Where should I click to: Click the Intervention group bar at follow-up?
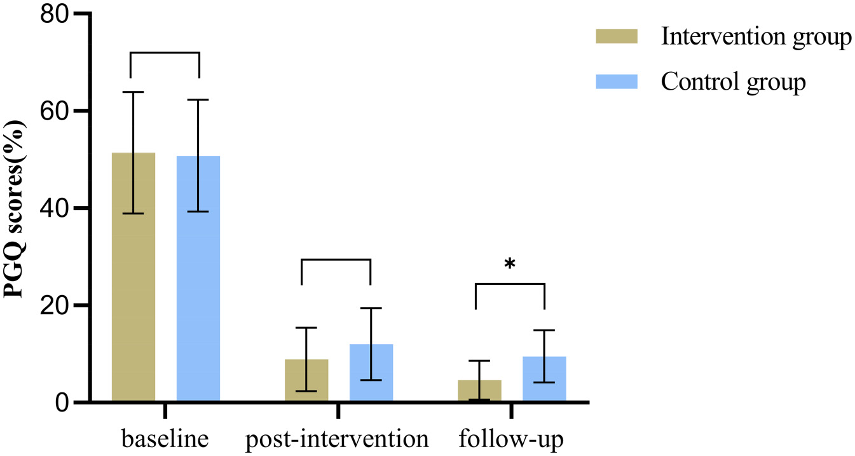[480, 390]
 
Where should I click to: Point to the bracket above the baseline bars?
[165, 53]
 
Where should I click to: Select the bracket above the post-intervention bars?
[336, 259]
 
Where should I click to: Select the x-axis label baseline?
[165, 439]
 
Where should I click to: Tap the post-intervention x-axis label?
[337, 439]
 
